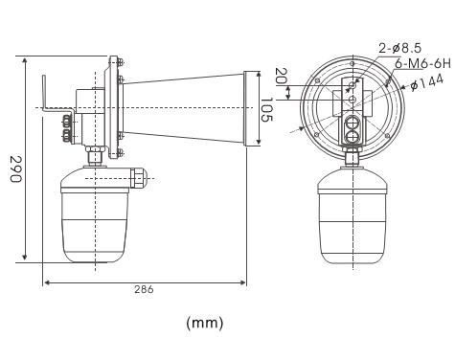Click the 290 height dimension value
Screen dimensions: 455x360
tap(15, 169)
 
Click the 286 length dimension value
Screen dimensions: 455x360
tap(144, 289)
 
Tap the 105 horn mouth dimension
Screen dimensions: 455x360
tap(266, 109)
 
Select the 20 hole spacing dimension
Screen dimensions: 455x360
tap(281, 76)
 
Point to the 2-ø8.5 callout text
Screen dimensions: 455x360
tap(400, 49)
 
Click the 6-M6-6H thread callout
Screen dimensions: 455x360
tap(422, 64)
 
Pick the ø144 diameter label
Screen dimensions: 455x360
tap(427, 82)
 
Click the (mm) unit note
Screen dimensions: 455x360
tap(205, 323)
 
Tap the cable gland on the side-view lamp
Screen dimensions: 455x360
tap(138, 177)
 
